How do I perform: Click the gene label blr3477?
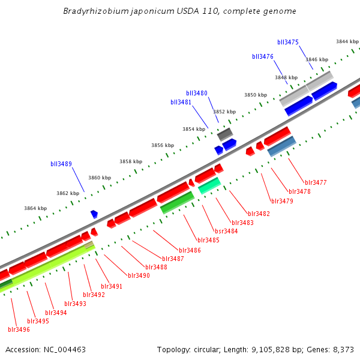pyautogui.click(x=316, y=182)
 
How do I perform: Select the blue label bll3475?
pyautogui.click(x=288, y=42)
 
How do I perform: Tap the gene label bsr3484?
pyautogui.click(x=226, y=231)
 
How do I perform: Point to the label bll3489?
pyautogui.click(x=61, y=164)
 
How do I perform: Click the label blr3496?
pyautogui.click(x=19, y=329)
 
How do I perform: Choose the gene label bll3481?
pyautogui.click(x=181, y=102)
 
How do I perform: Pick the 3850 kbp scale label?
pyautogui.click(x=255, y=95)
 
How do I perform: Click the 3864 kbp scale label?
pyautogui.click(x=35, y=208)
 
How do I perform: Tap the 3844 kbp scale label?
pyautogui.click(x=347, y=41)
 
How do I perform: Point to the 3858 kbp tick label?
pyautogui.click(x=130, y=161)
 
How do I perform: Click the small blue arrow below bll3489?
pyautogui.click(x=94, y=214)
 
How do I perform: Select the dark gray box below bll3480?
pyautogui.click(x=225, y=134)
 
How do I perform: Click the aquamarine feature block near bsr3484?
pyautogui.click(x=209, y=185)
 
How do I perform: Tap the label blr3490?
pyautogui.click(x=139, y=275)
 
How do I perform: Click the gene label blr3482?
pyautogui.click(x=259, y=214)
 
